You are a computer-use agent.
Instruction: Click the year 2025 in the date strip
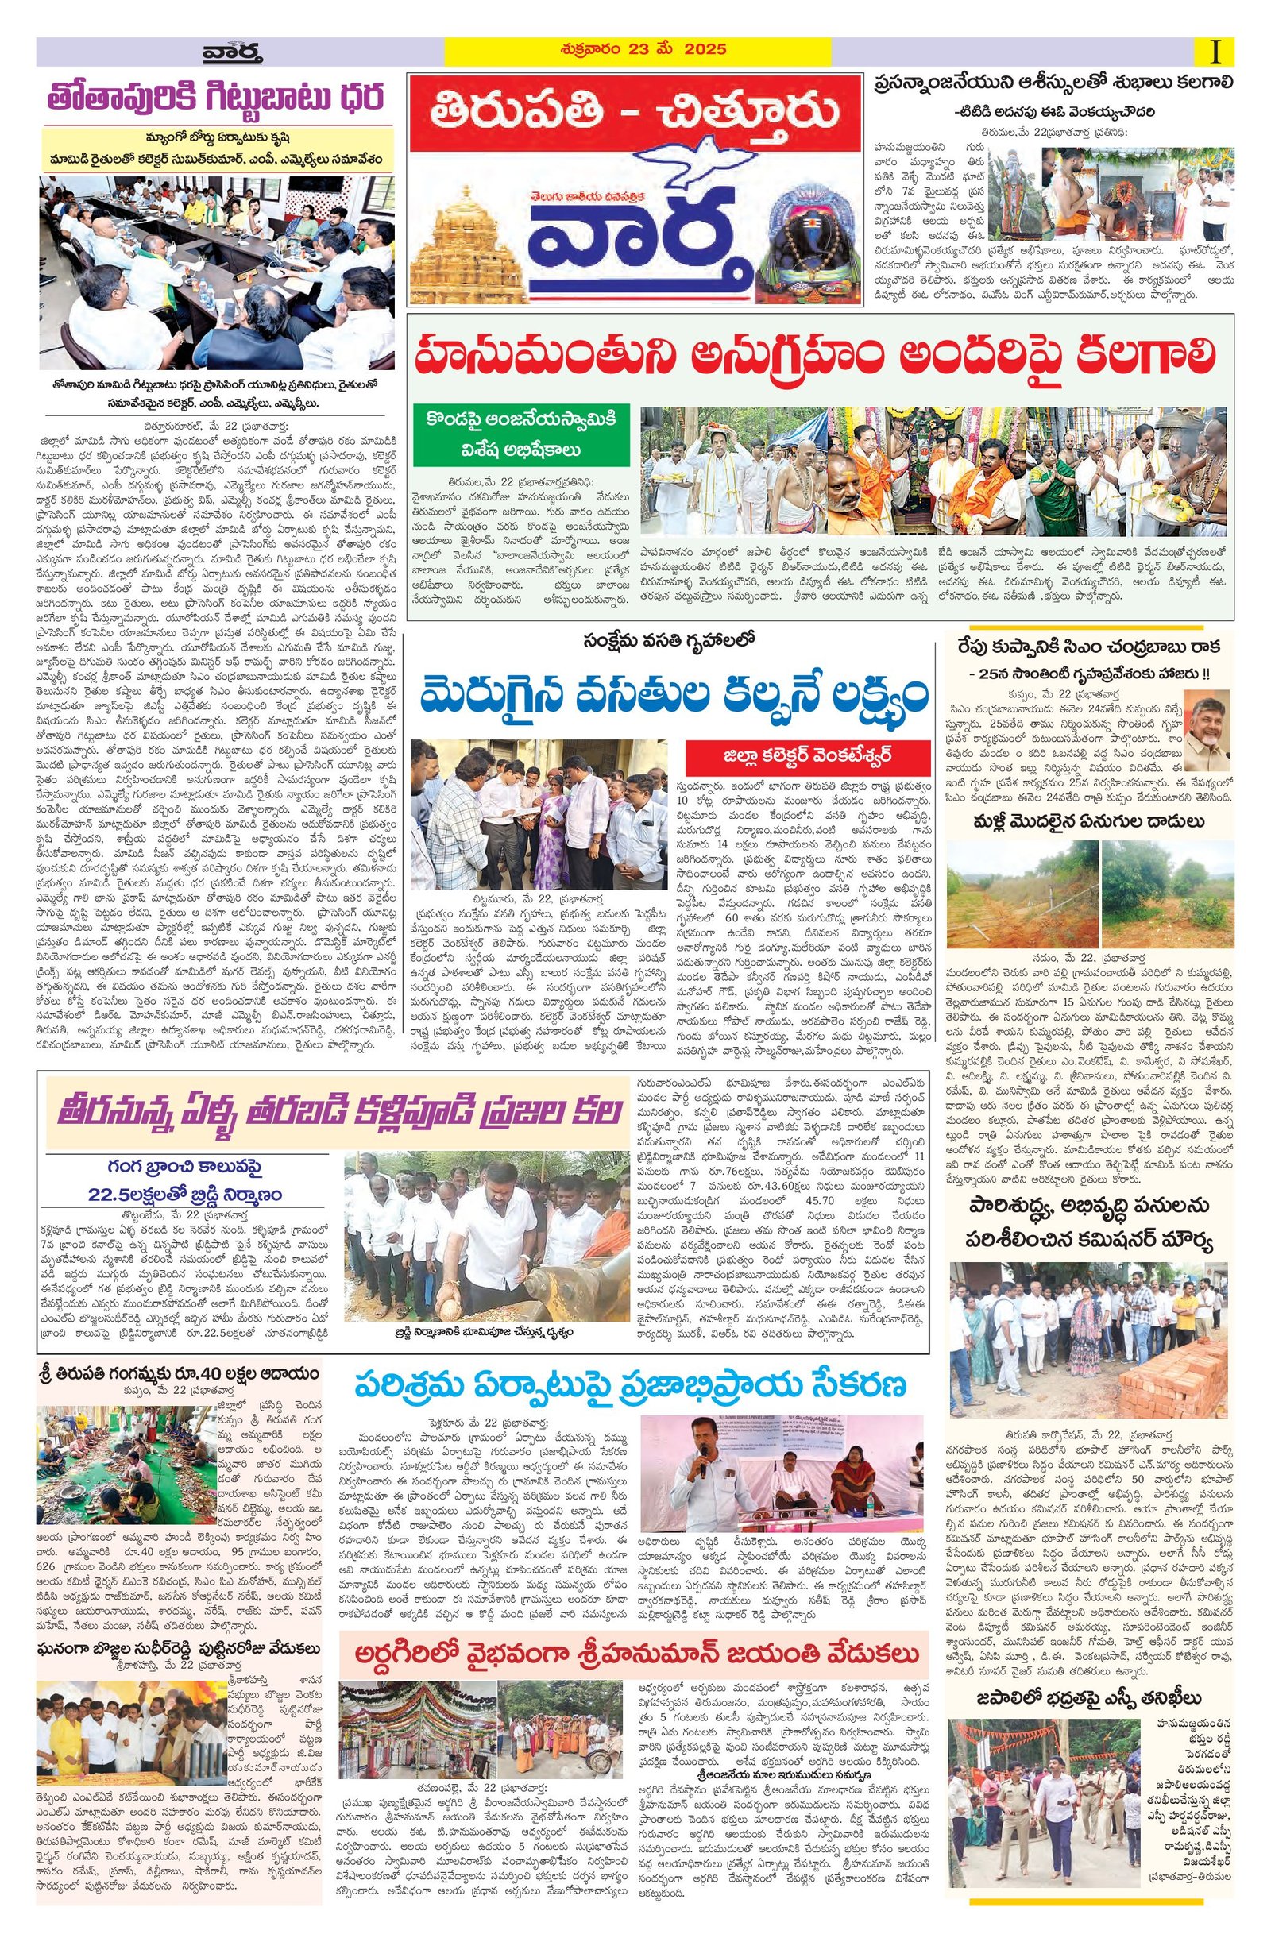[x=706, y=50]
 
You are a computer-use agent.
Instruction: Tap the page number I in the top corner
[x=1216, y=52]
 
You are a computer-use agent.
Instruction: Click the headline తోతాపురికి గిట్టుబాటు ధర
[x=216, y=100]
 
